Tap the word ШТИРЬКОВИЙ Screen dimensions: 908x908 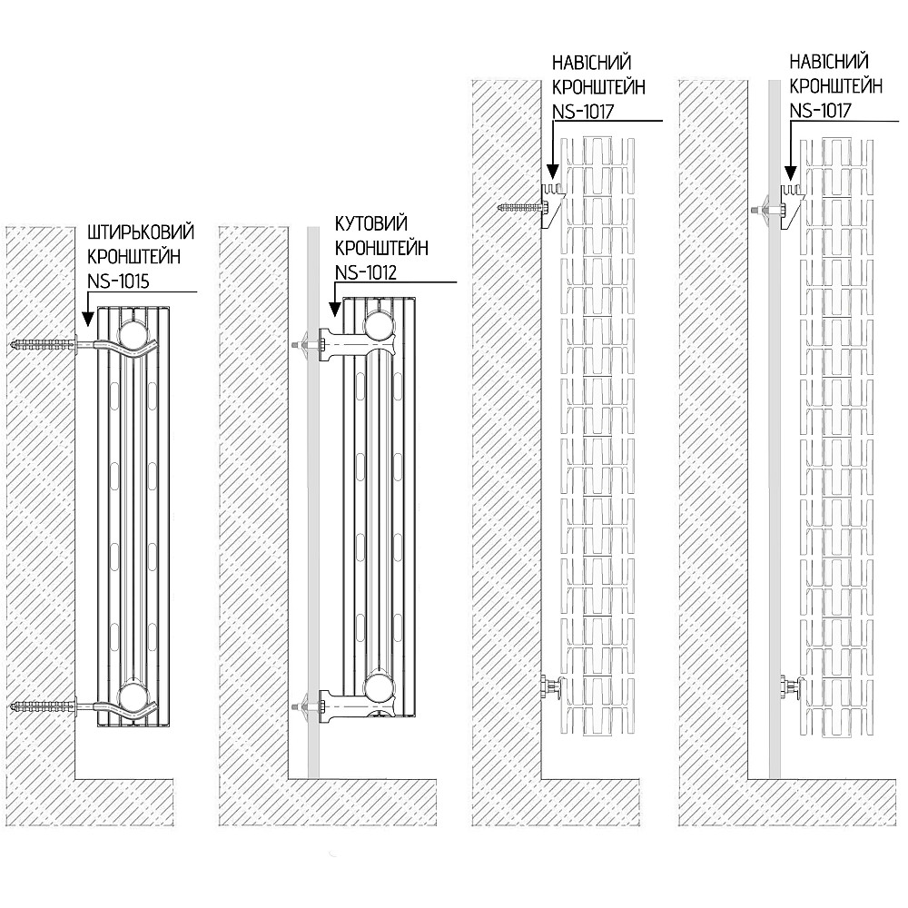click(x=140, y=232)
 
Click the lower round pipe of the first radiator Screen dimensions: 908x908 click(x=134, y=697)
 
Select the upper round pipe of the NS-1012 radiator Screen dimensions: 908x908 click(x=378, y=326)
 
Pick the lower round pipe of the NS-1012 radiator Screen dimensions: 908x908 click(x=378, y=686)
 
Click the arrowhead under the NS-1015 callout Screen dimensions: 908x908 click(x=87, y=320)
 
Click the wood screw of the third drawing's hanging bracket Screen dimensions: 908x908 click(x=519, y=207)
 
